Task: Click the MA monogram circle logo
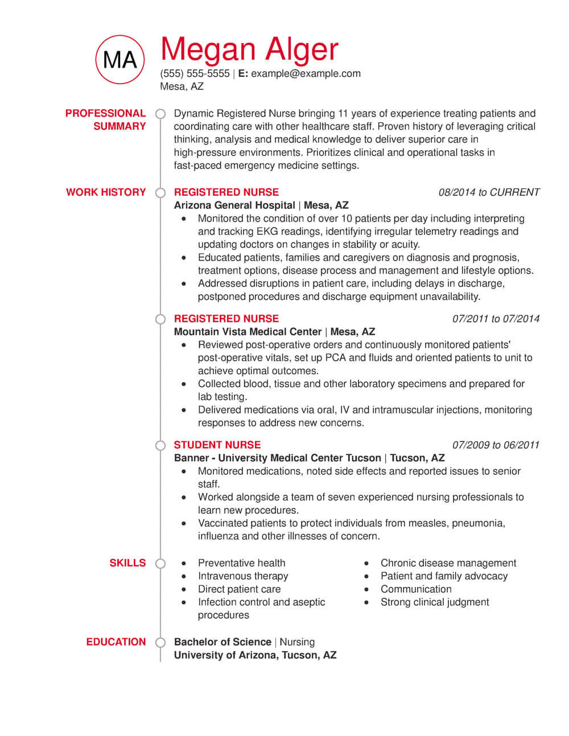pyautogui.click(x=120, y=59)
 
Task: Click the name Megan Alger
pyautogui.click(x=249, y=49)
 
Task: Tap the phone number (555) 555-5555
pyautogui.click(x=195, y=73)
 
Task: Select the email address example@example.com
pyautogui.click(x=306, y=73)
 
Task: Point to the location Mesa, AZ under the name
pyautogui.click(x=182, y=86)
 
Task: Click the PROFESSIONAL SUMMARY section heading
pyautogui.click(x=106, y=119)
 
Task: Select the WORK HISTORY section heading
pyautogui.click(x=106, y=192)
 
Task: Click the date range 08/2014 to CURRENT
pyautogui.click(x=489, y=192)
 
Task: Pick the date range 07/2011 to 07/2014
pyautogui.click(x=496, y=319)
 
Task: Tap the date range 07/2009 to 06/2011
pyautogui.click(x=496, y=445)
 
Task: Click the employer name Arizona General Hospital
pyautogui.click(x=234, y=205)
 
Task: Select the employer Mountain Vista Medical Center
pyautogui.click(x=248, y=332)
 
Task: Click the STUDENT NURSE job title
pyautogui.click(x=217, y=445)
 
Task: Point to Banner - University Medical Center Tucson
pyautogui.click(x=278, y=458)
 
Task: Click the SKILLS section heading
pyautogui.click(x=127, y=563)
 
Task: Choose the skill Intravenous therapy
pyautogui.click(x=243, y=576)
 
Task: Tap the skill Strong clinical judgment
pyautogui.click(x=435, y=602)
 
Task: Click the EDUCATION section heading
pyautogui.click(x=116, y=642)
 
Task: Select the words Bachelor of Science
pyautogui.click(x=222, y=642)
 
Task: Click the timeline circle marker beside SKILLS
pyautogui.click(x=160, y=563)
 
